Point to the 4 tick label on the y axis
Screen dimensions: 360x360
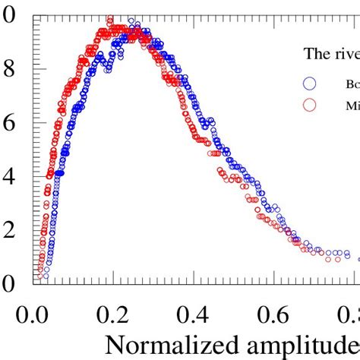click(9, 176)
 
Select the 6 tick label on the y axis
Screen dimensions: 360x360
click(9, 122)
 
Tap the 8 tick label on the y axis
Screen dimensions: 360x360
click(9, 68)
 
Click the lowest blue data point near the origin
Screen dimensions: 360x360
click(46, 276)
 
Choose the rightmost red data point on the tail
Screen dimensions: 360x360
click(329, 259)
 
